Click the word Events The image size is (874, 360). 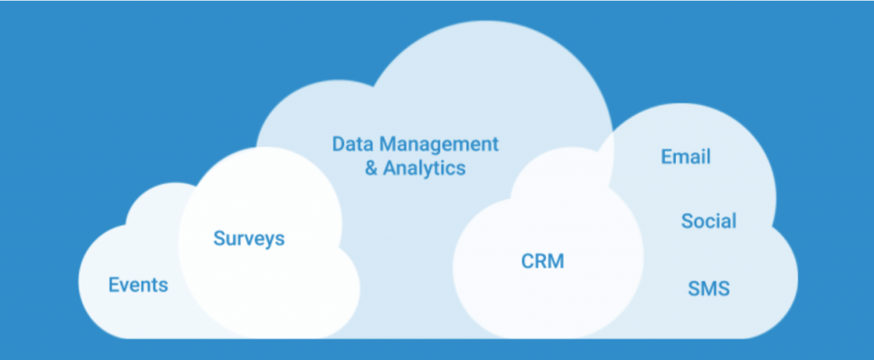[138, 285]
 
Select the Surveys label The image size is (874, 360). [248, 239]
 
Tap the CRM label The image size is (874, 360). [543, 261]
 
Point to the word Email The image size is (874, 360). [685, 157]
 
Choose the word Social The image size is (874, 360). [708, 222]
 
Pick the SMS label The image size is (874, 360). [708, 289]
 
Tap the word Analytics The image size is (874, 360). [424, 167]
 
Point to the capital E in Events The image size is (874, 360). [114, 285]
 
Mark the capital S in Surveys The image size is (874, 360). [218, 239]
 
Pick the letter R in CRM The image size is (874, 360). [541, 261]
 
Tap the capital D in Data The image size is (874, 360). [338, 142]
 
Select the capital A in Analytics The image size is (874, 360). [389, 167]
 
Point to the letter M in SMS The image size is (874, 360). [708, 289]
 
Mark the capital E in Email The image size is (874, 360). [667, 157]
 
